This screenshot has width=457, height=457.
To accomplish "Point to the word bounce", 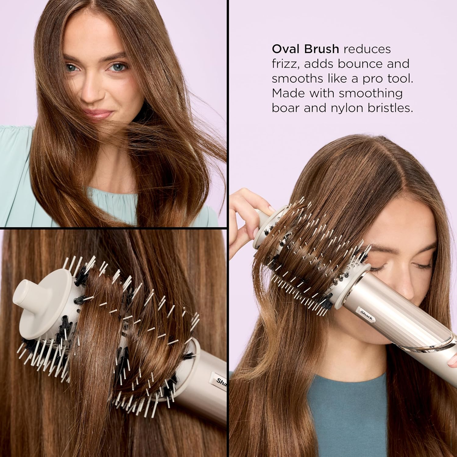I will coord(362,64).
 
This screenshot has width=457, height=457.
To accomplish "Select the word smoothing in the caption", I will coord(371,93).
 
